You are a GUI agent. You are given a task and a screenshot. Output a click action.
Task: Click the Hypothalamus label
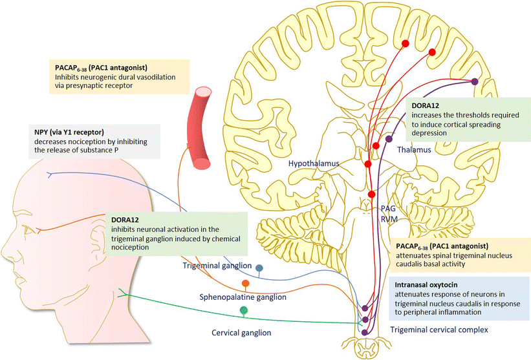[315, 165]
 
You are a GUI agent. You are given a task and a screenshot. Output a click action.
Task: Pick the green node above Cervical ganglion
[244, 311]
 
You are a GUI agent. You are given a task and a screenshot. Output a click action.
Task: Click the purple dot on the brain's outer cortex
[475, 81]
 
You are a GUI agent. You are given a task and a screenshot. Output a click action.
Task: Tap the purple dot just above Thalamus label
[389, 138]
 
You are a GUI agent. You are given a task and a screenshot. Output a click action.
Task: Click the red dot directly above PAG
[371, 194]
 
